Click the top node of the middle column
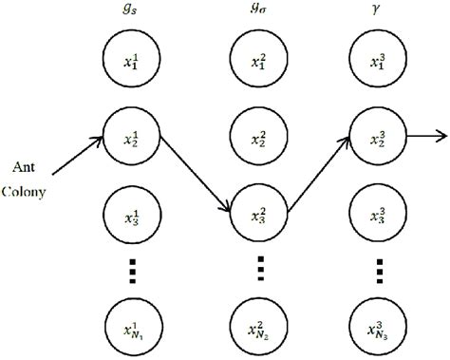(257, 65)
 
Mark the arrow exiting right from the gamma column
(424, 135)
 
